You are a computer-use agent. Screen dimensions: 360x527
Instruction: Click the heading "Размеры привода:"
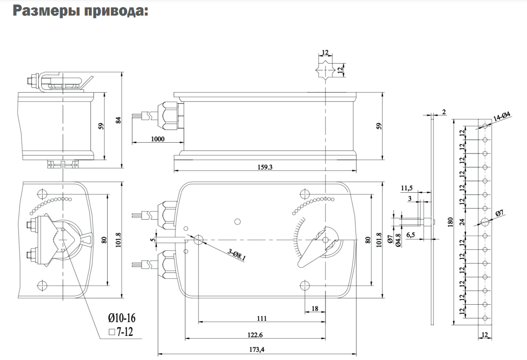80,11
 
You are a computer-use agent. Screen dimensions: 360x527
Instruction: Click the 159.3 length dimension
265,167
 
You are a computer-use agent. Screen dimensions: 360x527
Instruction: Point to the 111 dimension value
262,318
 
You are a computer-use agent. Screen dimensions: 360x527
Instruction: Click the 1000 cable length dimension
157,139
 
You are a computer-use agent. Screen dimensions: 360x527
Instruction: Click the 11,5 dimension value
406,189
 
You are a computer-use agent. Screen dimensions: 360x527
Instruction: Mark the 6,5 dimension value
411,235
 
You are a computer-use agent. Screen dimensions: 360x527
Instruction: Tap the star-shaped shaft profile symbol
326,69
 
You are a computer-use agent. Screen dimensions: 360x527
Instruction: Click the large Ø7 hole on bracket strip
484,221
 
